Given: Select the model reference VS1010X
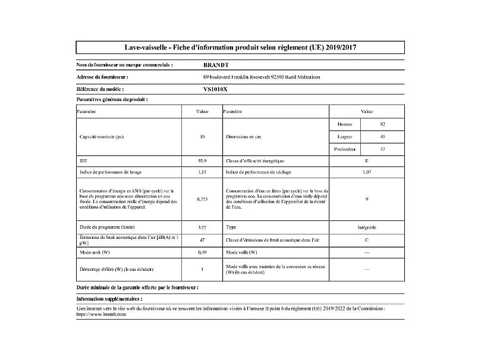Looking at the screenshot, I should pyautogui.click(x=215, y=89).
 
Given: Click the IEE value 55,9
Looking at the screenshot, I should pyautogui.click(x=202, y=161).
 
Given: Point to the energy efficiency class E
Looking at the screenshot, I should pyautogui.click(x=366, y=161).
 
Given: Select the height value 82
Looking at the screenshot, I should pyautogui.click(x=382, y=124).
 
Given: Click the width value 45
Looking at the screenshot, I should pyautogui.click(x=382, y=136).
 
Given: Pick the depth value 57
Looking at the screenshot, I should pyautogui.click(x=382, y=149).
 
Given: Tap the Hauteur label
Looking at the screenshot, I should pyautogui.click(x=345, y=124).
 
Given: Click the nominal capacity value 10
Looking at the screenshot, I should pyautogui.click(x=202, y=137).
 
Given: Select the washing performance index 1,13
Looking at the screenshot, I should pyautogui.click(x=202, y=173).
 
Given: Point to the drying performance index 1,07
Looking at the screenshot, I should pyautogui.click(x=366, y=173).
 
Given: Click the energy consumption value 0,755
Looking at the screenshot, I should pyautogui.click(x=202, y=199).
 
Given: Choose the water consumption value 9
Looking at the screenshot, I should pyautogui.click(x=366, y=199).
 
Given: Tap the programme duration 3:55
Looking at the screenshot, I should pyautogui.click(x=202, y=227).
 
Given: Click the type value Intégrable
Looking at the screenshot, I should pyautogui.click(x=366, y=227).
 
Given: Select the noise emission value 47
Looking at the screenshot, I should pyautogui.click(x=202, y=240).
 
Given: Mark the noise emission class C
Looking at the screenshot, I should pyautogui.click(x=366, y=240).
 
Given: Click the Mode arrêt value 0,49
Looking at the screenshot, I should pyautogui.click(x=202, y=252).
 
